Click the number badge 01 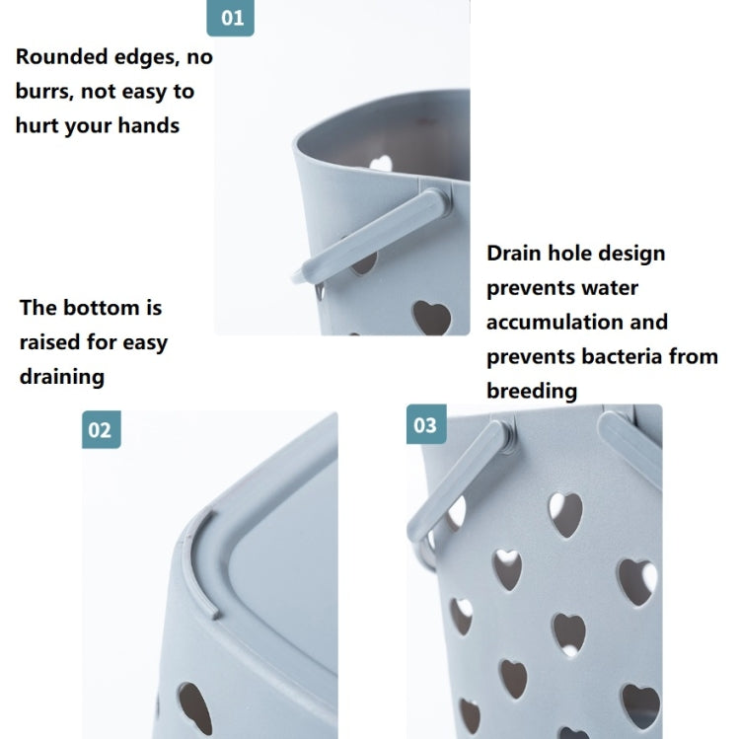pyautogui.click(x=230, y=18)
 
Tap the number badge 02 pyautogui.click(x=101, y=429)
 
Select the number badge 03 pyautogui.click(x=426, y=424)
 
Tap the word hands pyautogui.click(x=148, y=125)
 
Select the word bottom pyautogui.click(x=102, y=308)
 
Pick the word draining pyautogui.click(x=62, y=378)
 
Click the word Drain pyautogui.click(x=513, y=254)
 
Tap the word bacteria pyautogui.click(x=621, y=356)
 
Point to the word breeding pyautogui.click(x=532, y=392)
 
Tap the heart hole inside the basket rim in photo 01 pyautogui.click(x=381, y=163)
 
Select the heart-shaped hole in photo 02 pyautogui.click(x=195, y=707)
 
